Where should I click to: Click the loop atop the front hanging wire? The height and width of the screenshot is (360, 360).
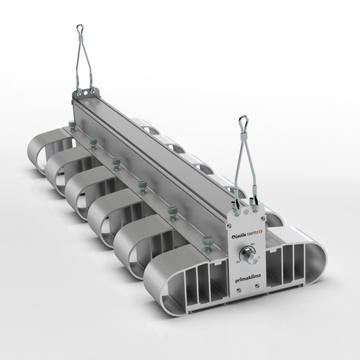[x=245, y=120]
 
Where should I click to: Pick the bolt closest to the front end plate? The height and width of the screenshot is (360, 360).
[x=208, y=238]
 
